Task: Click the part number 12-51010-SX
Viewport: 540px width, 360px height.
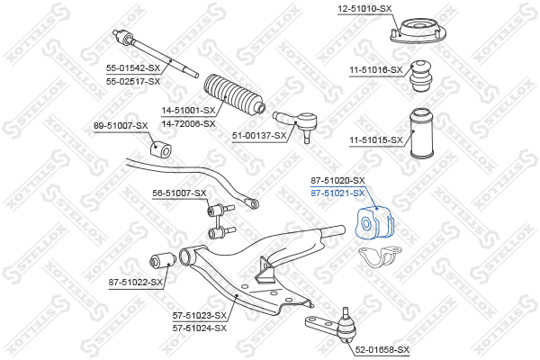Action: (364, 9)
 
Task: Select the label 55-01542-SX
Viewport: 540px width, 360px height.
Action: (133, 68)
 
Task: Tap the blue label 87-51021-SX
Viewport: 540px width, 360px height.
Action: (337, 193)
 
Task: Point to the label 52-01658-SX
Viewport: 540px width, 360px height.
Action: (382, 350)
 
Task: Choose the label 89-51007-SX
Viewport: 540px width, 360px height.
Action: (121, 126)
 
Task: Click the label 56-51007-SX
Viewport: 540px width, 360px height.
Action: (179, 193)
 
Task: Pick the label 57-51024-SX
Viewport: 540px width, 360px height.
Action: (200, 328)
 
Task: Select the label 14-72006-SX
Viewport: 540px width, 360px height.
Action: (188, 123)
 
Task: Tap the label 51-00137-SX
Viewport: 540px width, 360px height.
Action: (259, 136)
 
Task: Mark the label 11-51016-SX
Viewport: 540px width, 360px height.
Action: (376, 70)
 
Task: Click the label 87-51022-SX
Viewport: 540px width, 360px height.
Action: (136, 283)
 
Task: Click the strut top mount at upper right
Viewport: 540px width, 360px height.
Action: (418, 32)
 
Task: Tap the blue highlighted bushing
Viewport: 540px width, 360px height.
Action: (374, 223)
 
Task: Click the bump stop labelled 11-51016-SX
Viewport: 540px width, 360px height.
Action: (421, 76)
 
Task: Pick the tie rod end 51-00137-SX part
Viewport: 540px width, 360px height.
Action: (296, 123)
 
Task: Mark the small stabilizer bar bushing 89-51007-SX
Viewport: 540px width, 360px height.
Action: (160, 149)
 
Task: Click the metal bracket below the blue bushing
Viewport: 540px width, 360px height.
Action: (381, 256)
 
